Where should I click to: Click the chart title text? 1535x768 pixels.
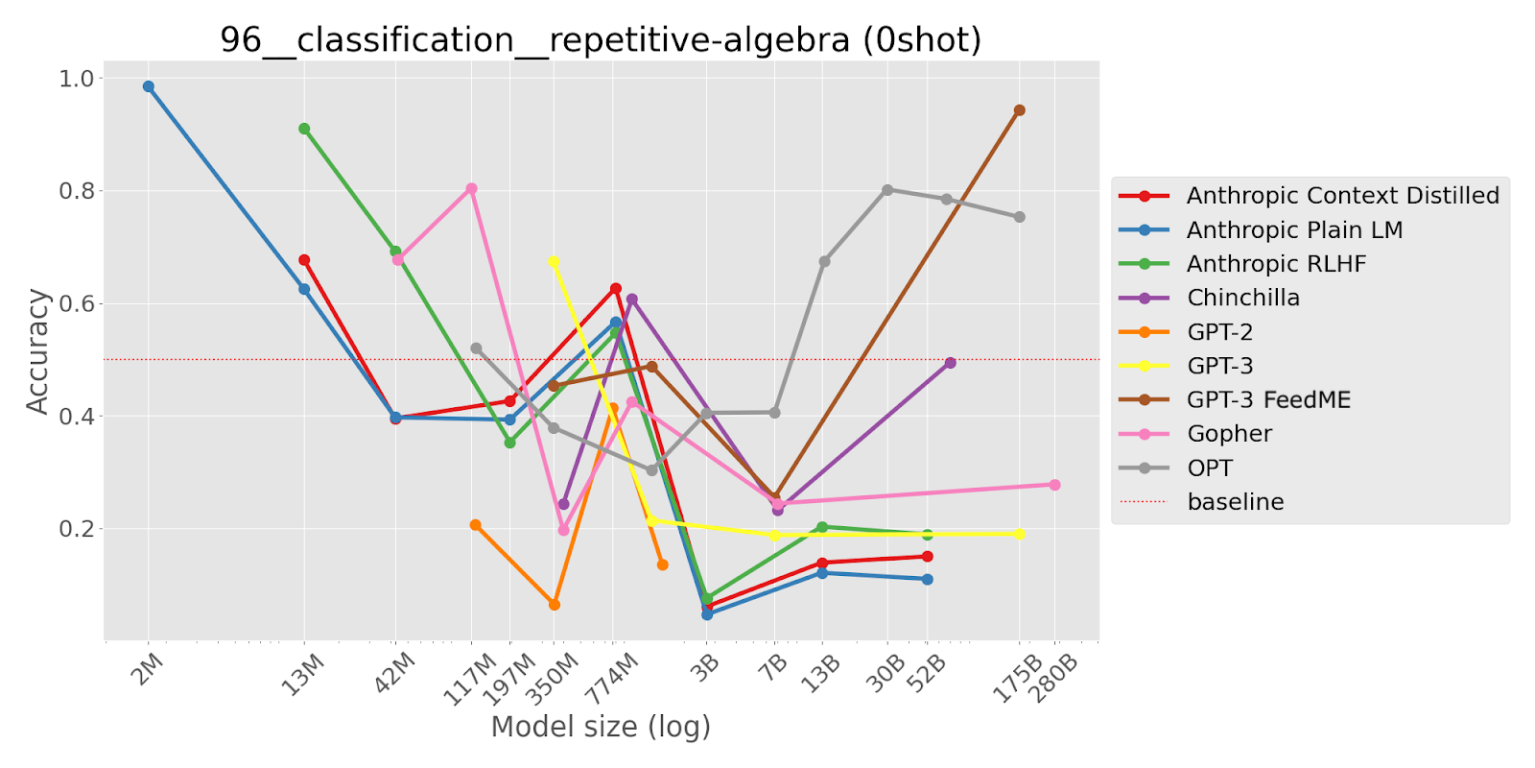point(601,40)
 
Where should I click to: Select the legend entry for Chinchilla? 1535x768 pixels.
point(1242,298)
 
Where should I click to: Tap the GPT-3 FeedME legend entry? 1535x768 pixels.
point(1268,400)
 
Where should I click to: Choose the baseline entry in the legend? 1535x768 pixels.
point(1235,502)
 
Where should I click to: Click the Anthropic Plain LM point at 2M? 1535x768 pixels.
point(149,86)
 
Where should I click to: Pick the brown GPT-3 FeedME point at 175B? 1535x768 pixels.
point(1019,110)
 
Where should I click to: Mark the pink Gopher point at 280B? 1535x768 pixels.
point(1054,485)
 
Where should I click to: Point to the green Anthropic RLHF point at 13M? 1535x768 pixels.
point(304,129)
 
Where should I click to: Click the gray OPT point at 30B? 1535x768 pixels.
point(887,190)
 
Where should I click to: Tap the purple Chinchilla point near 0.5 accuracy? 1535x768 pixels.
point(950,363)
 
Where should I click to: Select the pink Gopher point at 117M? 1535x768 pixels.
point(471,189)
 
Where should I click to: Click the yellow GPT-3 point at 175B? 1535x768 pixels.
point(1019,534)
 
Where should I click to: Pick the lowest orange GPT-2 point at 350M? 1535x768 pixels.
point(554,605)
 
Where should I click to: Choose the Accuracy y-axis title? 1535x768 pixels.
point(37,351)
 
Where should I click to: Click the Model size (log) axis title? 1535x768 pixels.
point(601,727)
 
